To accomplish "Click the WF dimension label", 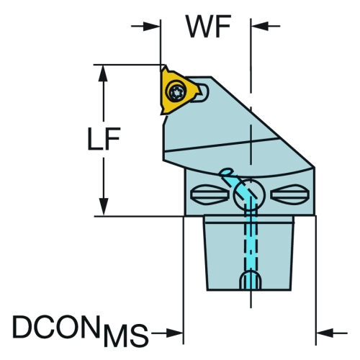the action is tap(209, 27).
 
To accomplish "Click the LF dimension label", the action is tap(104, 139).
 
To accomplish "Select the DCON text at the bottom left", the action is tap(56, 326).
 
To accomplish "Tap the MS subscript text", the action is tap(125, 335).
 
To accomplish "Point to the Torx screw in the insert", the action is tap(176, 91).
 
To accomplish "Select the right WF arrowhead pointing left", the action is tap(259, 26).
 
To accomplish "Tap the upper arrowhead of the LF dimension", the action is tap(104, 73).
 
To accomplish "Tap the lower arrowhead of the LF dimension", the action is tap(104, 207).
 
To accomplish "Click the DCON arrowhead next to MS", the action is tap(175, 333).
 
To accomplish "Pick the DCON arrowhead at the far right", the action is tap(325, 333).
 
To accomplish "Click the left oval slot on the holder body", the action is tap(210, 194).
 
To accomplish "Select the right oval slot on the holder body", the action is tap(289, 194).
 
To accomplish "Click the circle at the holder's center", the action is tap(250, 195).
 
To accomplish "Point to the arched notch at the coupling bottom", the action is tap(251, 280).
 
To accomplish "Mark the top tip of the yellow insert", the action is tap(165, 66).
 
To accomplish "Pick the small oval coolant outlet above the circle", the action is tap(227, 172).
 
